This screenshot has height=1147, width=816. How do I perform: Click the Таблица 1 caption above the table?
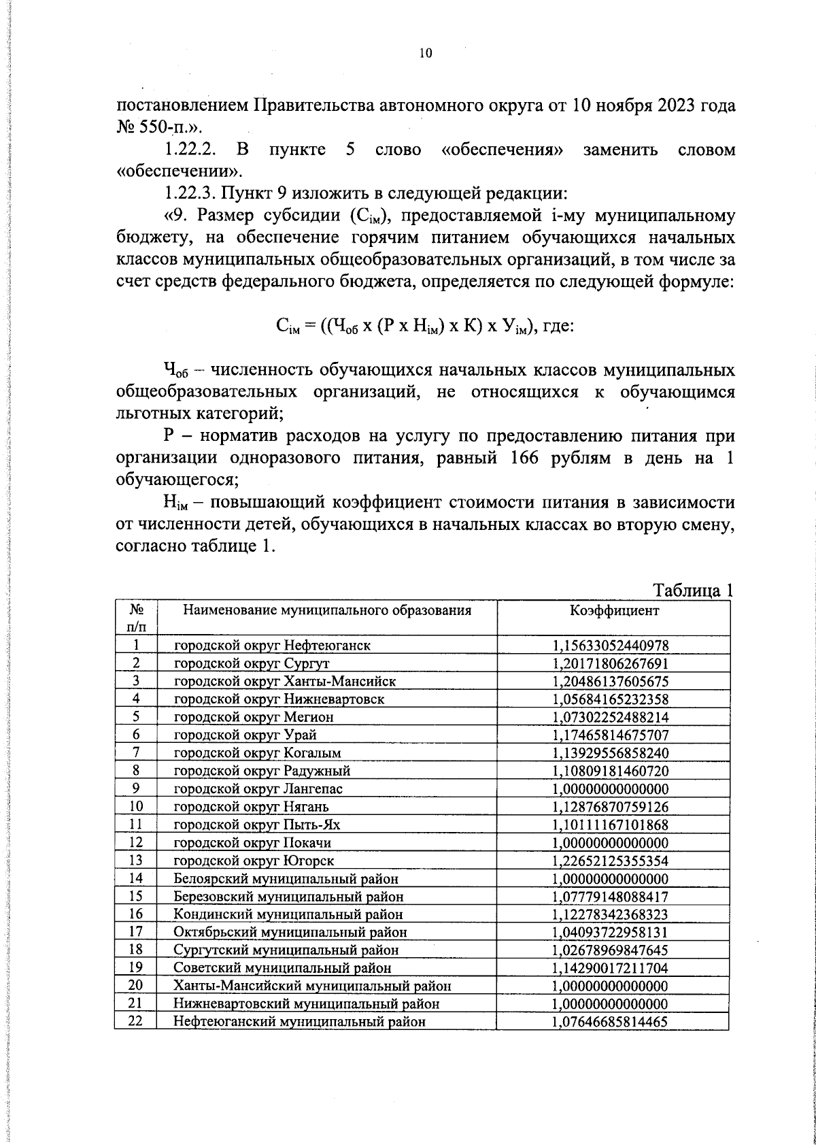(x=692, y=589)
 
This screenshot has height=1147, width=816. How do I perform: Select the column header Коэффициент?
(x=613, y=610)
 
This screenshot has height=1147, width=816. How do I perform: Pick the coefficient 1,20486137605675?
(x=611, y=681)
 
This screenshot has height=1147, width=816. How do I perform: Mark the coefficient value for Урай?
(x=611, y=735)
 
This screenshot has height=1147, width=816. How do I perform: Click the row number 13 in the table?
(x=135, y=860)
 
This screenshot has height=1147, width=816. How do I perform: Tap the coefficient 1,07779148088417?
(x=611, y=897)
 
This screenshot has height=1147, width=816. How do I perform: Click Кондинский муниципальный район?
(x=288, y=914)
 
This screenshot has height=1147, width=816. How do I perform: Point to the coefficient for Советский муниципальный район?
(x=611, y=968)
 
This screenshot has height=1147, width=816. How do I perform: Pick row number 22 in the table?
(x=135, y=1020)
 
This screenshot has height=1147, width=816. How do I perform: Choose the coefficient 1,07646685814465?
(x=611, y=1022)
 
